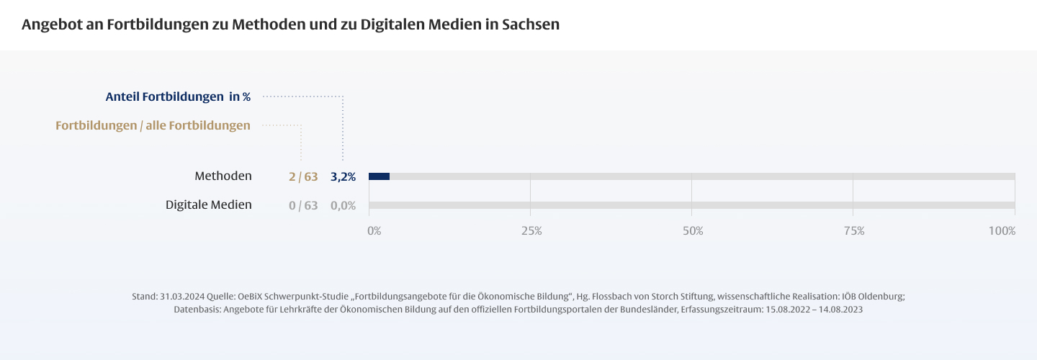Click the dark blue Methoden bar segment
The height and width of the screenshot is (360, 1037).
(379, 176)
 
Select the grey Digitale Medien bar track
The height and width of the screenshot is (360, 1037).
(691, 205)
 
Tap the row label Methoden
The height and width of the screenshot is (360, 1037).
(223, 176)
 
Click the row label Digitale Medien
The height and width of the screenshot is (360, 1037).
(209, 204)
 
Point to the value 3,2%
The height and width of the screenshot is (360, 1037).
(343, 176)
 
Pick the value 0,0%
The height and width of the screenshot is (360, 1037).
(343, 205)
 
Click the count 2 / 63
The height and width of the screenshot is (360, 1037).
(303, 176)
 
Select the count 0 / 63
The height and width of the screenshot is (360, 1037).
(303, 205)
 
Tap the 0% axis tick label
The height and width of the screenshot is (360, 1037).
(374, 231)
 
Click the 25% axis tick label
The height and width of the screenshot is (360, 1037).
(531, 231)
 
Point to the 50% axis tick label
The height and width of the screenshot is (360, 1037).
(693, 231)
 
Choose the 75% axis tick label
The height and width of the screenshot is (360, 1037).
(854, 231)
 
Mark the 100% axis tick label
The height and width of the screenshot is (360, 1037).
(1002, 231)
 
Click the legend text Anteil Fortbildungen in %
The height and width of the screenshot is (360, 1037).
(178, 96)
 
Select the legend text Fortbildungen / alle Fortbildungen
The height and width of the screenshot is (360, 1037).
(153, 125)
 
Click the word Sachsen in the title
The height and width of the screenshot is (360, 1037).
(531, 24)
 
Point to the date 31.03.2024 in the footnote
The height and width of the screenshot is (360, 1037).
(182, 297)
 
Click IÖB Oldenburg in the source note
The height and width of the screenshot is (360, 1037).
(874, 297)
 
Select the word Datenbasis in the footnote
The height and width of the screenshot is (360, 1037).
(197, 309)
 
